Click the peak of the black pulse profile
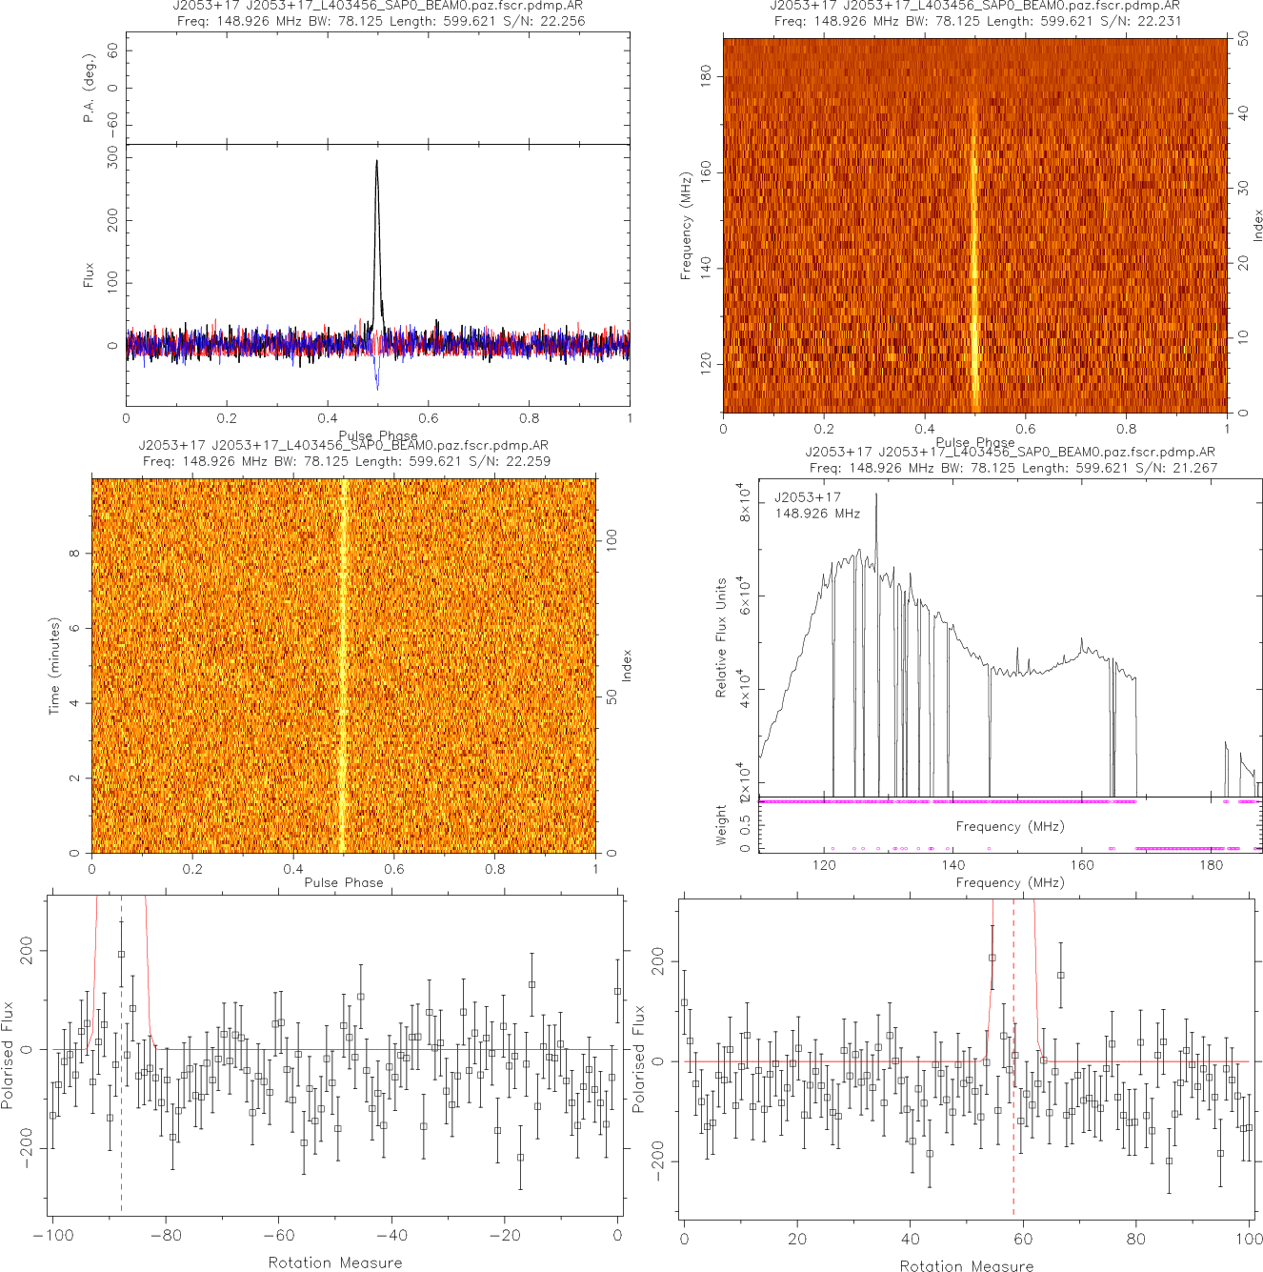[376, 161]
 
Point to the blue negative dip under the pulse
[377, 385]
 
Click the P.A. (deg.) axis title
[89, 89]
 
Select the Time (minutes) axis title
[54, 666]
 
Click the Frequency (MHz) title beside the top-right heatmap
[685, 226]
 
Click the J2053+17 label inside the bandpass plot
[807, 497]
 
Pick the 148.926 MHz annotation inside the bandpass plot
[817, 514]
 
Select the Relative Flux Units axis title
[721, 637]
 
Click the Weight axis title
[721, 825]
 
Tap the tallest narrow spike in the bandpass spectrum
[876, 495]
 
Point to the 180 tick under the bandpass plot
[1211, 865]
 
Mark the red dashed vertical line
[1013, 1058]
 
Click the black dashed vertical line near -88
[121, 1058]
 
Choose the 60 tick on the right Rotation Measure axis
[1023, 1240]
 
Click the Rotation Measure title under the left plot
[335, 1262]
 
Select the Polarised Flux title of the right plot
[639, 1059]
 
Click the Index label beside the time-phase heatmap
[627, 665]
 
